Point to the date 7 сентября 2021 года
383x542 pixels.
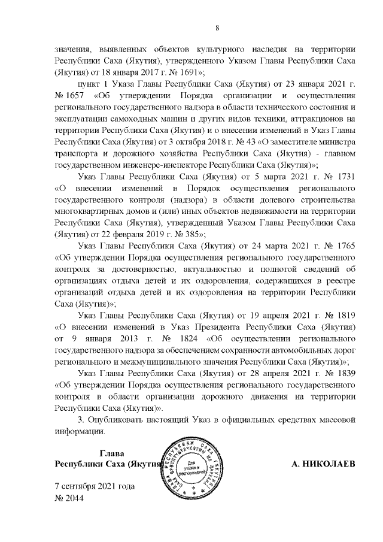click(x=95, y=486)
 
